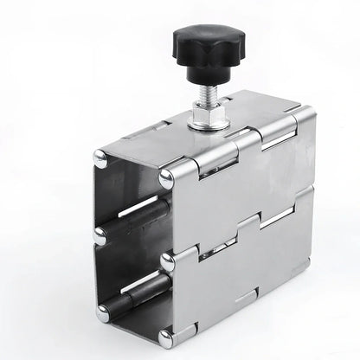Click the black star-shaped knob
point(207,47)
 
